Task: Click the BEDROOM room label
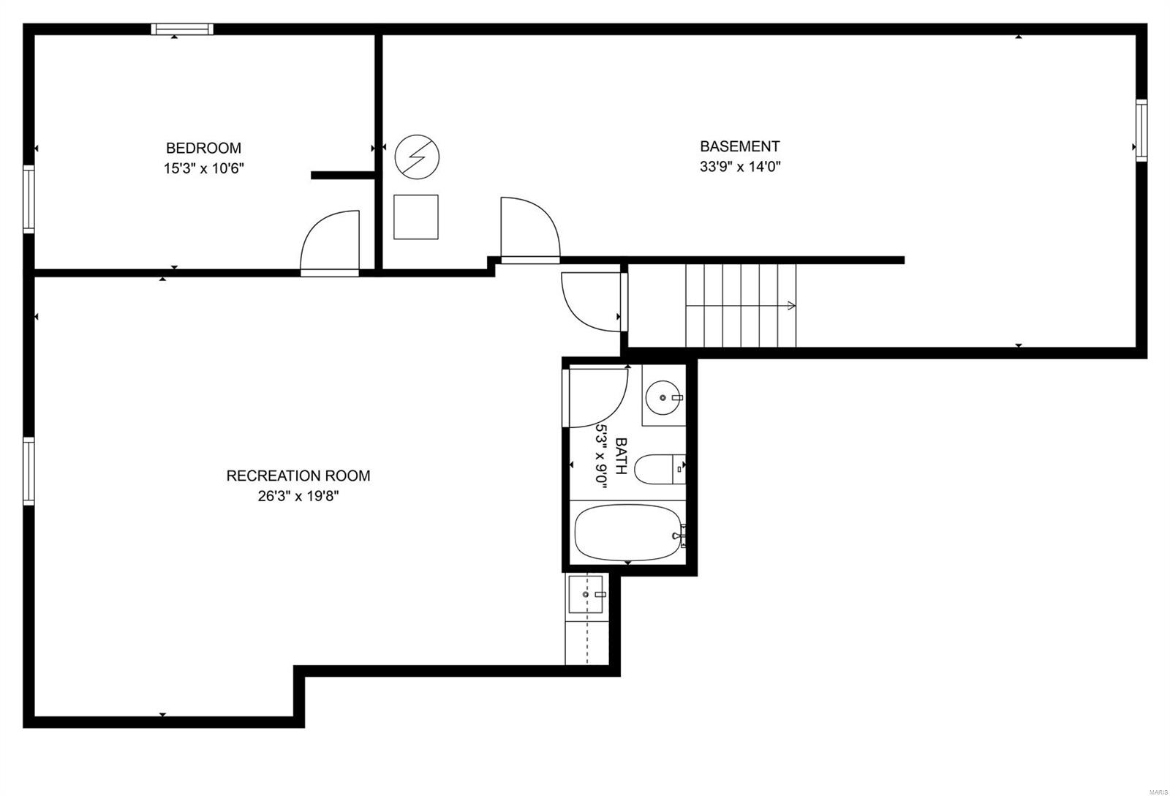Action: (x=204, y=149)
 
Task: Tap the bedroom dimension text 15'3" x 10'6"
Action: (x=204, y=169)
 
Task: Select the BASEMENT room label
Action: (x=739, y=146)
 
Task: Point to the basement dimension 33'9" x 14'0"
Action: (x=739, y=167)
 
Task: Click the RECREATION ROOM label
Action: (x=298, y=476)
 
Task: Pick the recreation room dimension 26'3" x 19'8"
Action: (x=298, y=496)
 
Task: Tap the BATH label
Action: (x=621, y=456)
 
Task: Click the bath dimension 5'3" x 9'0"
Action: (x=602, y=456)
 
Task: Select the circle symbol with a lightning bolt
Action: (x=417, y=157)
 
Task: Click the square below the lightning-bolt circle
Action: (x=416, y=217)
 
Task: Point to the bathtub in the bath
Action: (x=628, y=533)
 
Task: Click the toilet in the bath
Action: (x=660, y=470)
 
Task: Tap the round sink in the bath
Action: (x=663, y=398)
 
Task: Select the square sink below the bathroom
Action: (x=586, y=594)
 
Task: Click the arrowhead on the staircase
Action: (x=792, y=306)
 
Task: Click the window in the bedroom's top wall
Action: (x=182, y=29)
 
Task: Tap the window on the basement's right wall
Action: (x=1141, y=130)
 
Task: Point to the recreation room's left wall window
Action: (x=29, y=471)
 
